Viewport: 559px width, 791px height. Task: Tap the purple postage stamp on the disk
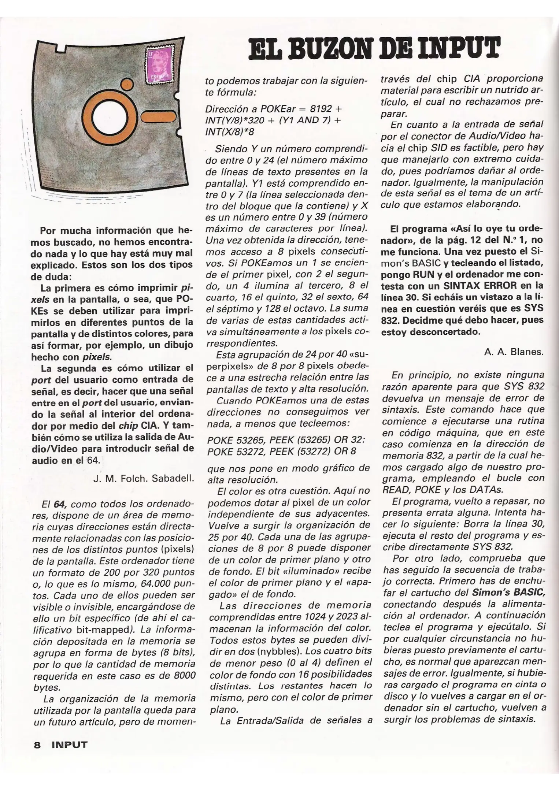click(160, 64)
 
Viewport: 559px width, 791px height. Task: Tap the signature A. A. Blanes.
click(514, 352)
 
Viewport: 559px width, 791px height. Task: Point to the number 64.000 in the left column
click(156, 584)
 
